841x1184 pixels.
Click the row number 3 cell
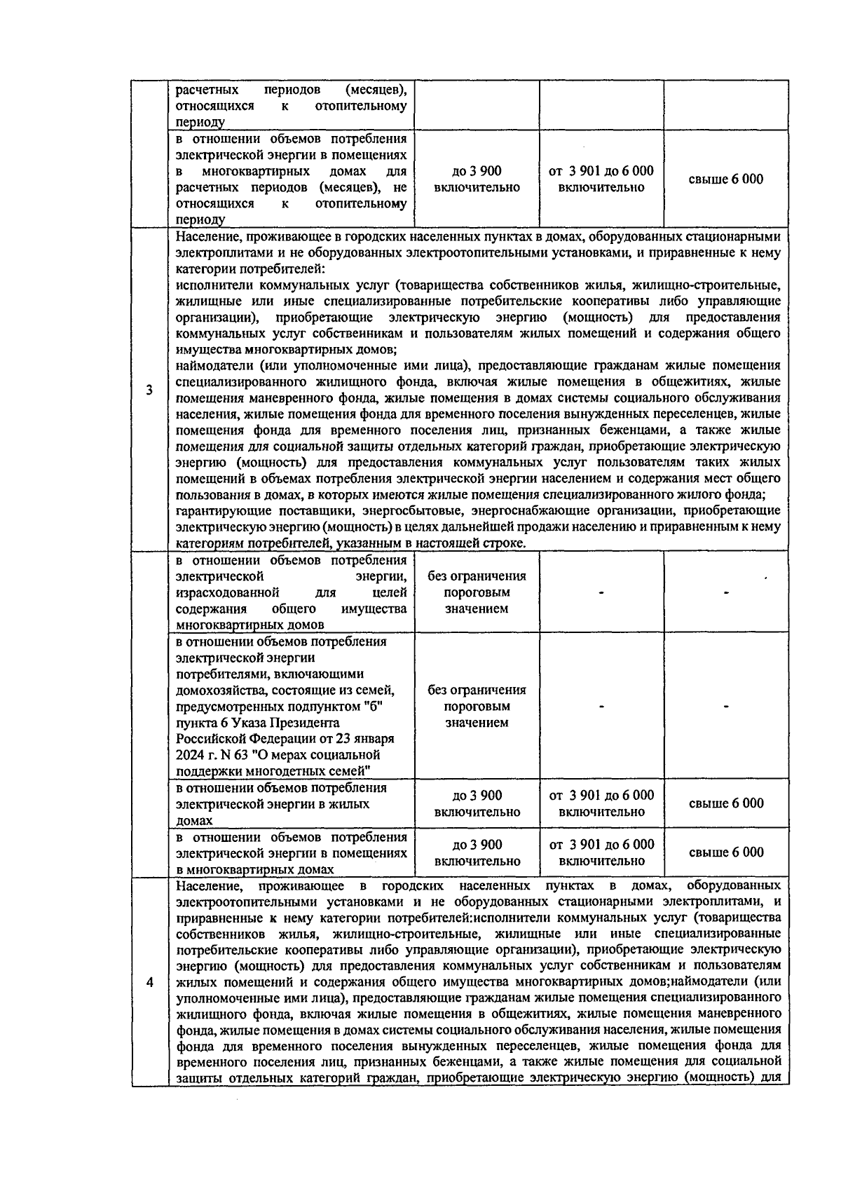click(x=149, y=390)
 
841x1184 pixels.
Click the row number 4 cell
click(x=149, y=981)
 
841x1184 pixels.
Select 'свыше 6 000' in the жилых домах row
click(x=726, y=803)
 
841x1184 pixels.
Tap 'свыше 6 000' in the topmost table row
click(x=726, y=179)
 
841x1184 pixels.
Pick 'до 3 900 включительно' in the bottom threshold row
click(x=477, y=852)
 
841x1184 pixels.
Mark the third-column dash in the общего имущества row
click(x=601, y=593)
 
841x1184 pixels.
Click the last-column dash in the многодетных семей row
click(x=726, y=707)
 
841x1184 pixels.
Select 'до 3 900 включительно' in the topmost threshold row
click(x=477, y=179)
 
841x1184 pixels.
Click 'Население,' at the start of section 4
click(x=205, y=885)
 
